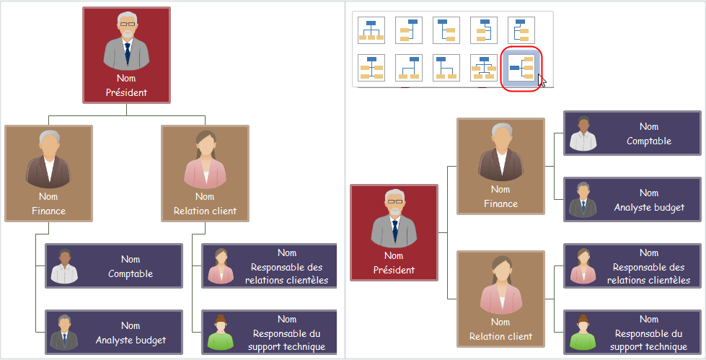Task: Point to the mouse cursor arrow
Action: [x=541, y=79]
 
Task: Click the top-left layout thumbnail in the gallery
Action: [x=371, y=30]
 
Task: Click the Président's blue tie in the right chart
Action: [x=394, y=229]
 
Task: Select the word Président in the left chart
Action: [x=126, y=92]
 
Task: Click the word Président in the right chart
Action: [x=394, y=270]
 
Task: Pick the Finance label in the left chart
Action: [x=48, y=211]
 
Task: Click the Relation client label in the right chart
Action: [x=500, y=336]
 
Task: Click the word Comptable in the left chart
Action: [x=131, y=273]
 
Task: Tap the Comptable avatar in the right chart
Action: [x=583, y=133]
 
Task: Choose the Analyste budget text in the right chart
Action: [x=649, y=207]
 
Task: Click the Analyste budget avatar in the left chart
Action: [x=64, y=332]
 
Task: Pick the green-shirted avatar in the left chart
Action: [x=221, y=332]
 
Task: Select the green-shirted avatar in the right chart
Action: [x=583, y=332]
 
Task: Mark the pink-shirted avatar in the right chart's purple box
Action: [x=583, y=265]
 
